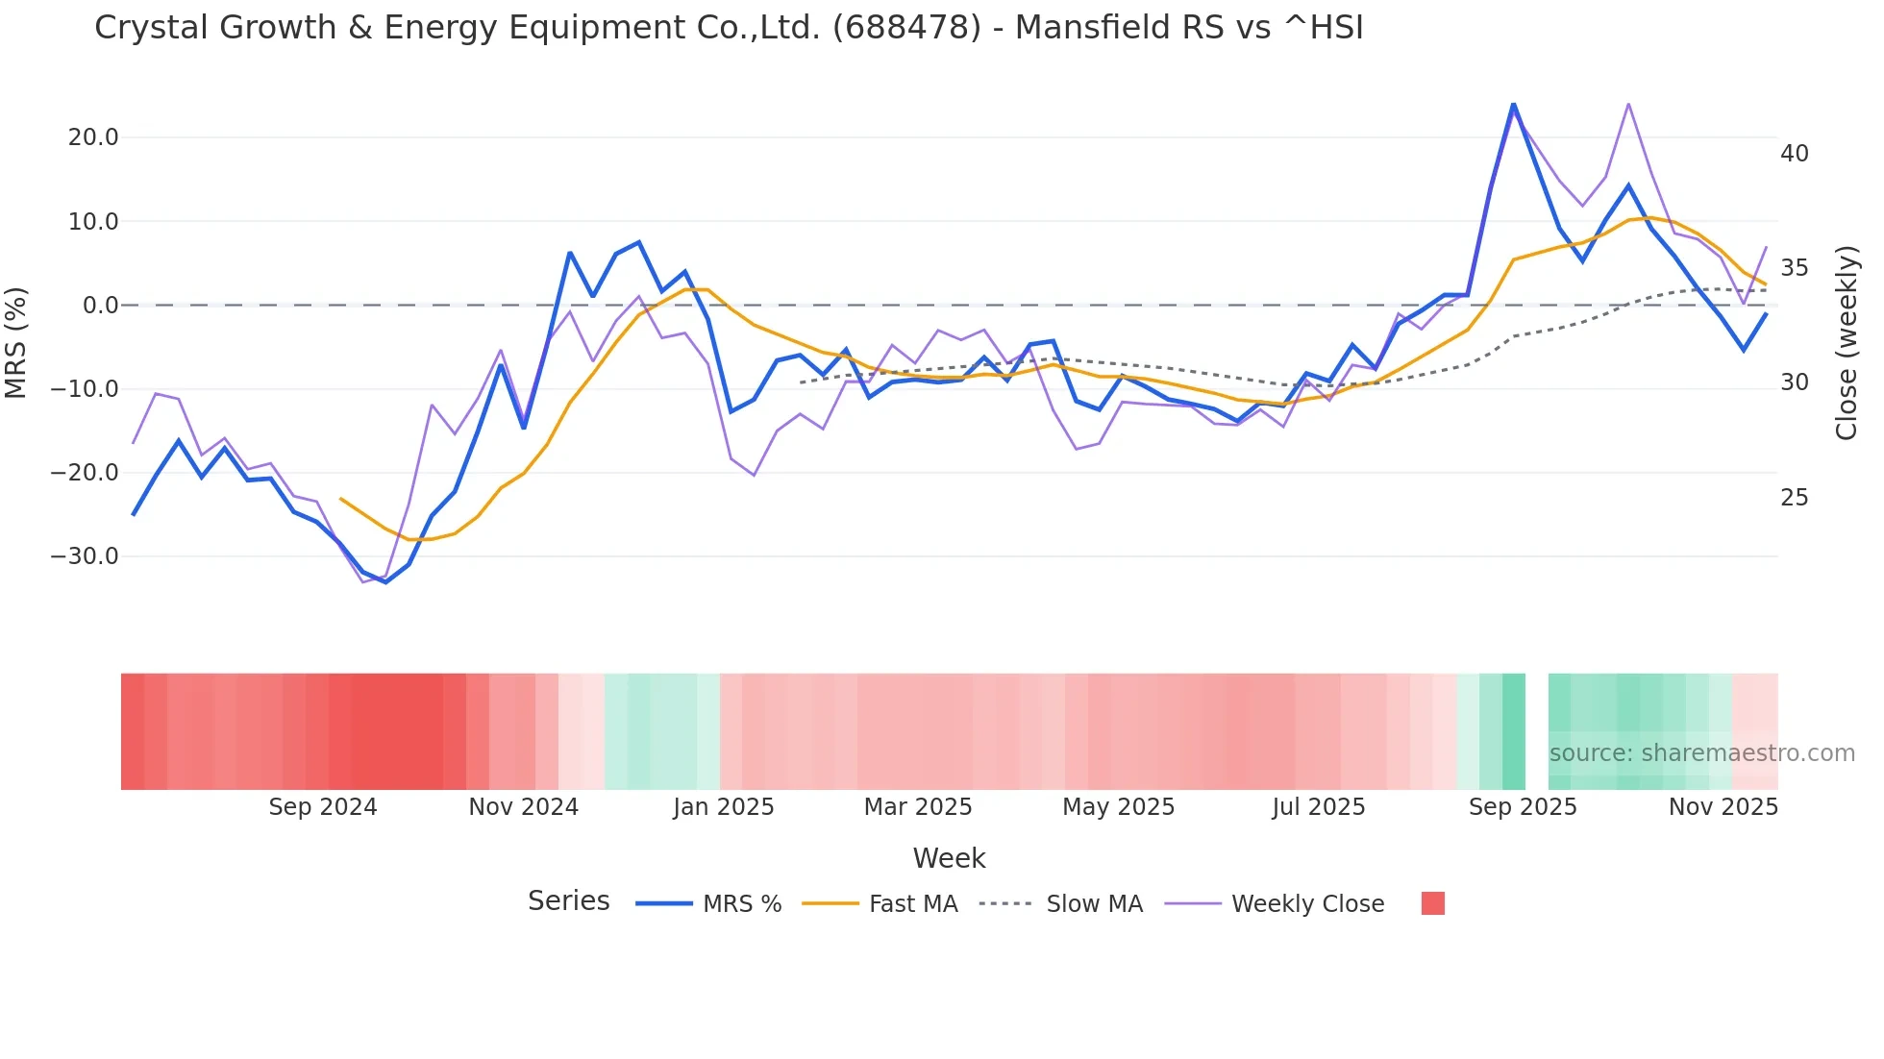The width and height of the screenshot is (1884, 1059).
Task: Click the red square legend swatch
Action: coord(1432,903)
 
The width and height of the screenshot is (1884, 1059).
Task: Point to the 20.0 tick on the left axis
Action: coord(93,137)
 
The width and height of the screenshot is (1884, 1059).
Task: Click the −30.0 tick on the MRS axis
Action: coord(86,556)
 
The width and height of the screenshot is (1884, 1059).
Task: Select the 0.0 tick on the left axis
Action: coord(101,306)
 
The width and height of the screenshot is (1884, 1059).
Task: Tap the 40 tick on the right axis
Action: coord(1795,154)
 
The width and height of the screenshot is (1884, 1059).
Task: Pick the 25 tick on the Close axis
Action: coord(1795,498)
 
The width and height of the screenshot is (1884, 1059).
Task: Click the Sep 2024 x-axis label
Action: coord(323,807)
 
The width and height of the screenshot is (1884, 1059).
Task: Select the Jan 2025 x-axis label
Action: coord(724,807)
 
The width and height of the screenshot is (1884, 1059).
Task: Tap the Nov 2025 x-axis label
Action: coord(1723,807)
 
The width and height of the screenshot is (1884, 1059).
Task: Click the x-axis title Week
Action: coord(949,858)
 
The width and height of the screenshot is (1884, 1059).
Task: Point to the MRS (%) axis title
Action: coord(16,342)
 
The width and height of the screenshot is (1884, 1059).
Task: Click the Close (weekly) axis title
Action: coord(1847,342)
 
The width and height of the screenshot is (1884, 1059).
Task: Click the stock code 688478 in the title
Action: coord(906,28)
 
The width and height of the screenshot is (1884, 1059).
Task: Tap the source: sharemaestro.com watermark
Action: coord(1701,753)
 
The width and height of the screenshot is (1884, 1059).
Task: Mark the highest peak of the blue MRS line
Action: coord(1513,104)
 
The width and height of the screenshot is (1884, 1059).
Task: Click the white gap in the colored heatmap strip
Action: coord(1536,731)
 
